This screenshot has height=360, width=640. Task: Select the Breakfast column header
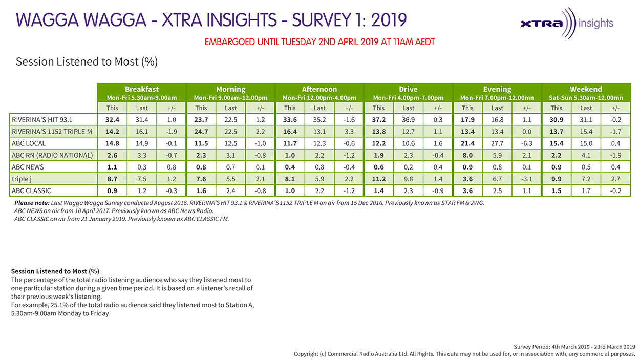(x=142, y=89)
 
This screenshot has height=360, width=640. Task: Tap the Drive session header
(x=408, y=89)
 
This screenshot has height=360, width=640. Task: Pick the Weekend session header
(x=586, y=89)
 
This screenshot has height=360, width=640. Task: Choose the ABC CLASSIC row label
(x=32, y=190)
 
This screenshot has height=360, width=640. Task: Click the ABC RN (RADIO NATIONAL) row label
(x=52, y=155)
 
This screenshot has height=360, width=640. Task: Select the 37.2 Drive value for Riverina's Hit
(x=378, y=120)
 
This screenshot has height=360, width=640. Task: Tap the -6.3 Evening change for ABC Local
(x=527, y=143)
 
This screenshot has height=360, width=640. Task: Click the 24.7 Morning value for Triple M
(x=201, y=132)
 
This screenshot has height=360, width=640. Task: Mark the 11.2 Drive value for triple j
(x=378, y=179)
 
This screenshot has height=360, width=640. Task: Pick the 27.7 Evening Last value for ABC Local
(x=497, y=143)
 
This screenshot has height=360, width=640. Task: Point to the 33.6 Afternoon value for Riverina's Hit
(x=290, y=120)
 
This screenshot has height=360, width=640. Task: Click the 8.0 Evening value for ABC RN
(x=467, y=155)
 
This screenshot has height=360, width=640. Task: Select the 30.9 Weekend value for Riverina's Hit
(x=556, y=120)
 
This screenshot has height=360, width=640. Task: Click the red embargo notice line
(x=319, y=42)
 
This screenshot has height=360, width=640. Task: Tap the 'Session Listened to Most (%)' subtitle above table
(x=87, y=62)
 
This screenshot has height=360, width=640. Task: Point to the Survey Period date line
(x=574, y=347)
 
